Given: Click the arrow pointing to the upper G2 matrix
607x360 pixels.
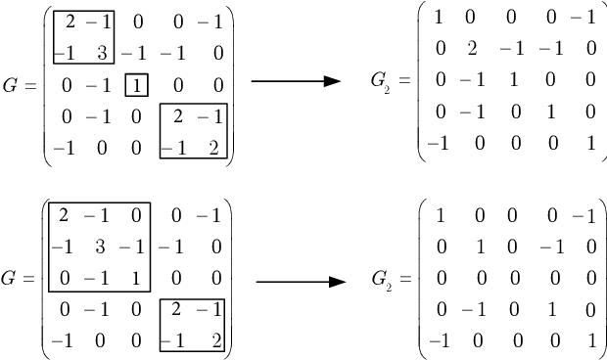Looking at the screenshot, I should (295, 82).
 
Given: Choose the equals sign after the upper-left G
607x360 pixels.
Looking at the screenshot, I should (31, 85).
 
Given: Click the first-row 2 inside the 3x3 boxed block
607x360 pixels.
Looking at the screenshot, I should (65, 214).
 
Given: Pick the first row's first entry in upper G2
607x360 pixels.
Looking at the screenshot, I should (438, 18).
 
